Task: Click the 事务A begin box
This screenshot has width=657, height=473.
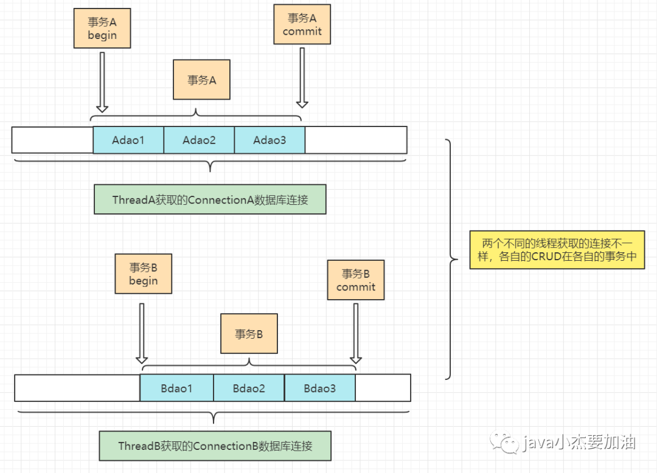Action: [102, 28]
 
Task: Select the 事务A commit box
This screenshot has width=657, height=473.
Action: [302, 24]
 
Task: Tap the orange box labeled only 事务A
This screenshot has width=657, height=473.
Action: [201, 80]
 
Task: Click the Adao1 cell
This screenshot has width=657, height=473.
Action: [128, 140]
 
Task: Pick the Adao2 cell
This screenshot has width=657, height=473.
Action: [199, 140]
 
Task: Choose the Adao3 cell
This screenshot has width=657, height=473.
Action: [270, 140]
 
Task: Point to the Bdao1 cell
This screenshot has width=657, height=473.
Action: [176, 388]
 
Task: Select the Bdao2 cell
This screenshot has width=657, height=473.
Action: [249, 388]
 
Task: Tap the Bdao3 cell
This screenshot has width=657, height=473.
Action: [320, 388]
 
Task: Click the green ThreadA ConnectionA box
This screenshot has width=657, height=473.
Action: [210, 199]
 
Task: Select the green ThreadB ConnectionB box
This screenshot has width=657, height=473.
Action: [215, 446]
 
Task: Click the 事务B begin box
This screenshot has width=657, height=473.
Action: [144, 274]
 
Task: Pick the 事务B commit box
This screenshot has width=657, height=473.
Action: [356, 280]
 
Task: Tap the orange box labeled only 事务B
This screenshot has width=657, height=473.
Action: [249, 334]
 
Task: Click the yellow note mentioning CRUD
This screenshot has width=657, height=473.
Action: [557, 249]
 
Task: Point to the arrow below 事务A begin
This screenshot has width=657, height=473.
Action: [102, 82]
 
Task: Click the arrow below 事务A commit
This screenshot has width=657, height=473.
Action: [302, 78]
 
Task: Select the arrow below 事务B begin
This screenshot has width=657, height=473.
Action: [142, 334]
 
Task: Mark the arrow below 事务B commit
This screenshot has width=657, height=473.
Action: [356, 334]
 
